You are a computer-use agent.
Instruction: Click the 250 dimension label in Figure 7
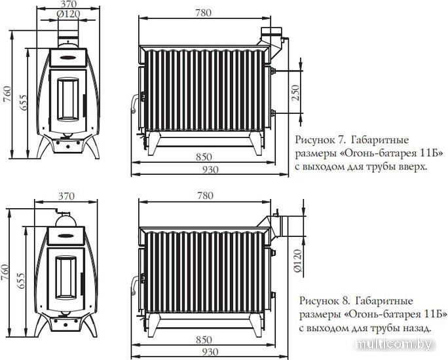tap(295, 92)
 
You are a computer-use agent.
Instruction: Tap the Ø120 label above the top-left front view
tap(68, 14)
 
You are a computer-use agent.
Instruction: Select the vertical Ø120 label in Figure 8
tap(297, 261)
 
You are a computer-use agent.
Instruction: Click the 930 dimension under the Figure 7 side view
tap(210, 170)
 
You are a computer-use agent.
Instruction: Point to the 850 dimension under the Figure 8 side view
tap(204, 340)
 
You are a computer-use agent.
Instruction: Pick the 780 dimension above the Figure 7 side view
tap(204, 13)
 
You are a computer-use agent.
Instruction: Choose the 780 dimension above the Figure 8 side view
tap(205, 196)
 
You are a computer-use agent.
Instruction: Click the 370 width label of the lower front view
tap(66, 196)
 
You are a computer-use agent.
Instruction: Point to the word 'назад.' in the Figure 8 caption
tap(417, 328)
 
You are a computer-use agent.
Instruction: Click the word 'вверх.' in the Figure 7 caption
tap(413, 166)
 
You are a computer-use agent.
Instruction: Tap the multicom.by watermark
tap(394, 345)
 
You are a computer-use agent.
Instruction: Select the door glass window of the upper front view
tap(68, 99)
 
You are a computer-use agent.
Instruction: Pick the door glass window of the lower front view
tap(66, 278)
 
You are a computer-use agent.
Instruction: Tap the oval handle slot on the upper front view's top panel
tap(68, 58)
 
